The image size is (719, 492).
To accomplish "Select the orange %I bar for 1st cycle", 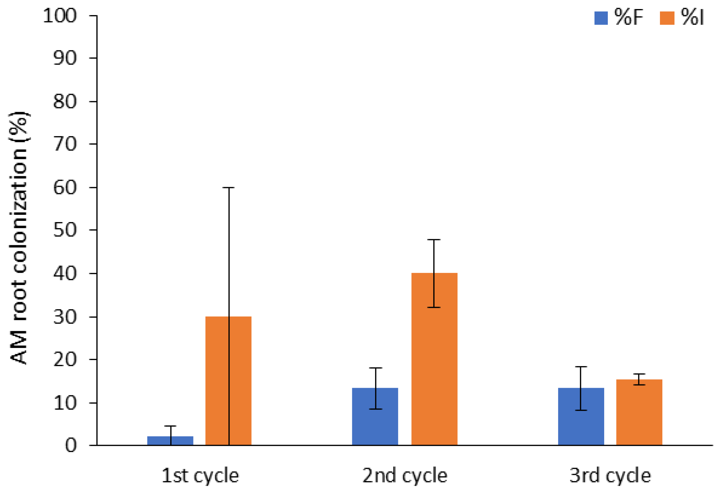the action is pos(228,381).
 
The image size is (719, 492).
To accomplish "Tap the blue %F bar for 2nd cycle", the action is pos(375,417).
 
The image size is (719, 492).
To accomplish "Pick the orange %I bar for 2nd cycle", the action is pos(434,359).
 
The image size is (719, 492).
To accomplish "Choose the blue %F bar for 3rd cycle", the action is pos(581,417).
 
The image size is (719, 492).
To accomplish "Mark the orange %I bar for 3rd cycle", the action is pos(639,412).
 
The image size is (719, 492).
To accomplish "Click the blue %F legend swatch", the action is pos(601,18).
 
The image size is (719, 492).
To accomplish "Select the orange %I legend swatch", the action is pos(667,18).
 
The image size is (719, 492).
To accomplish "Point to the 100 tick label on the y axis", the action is pos(60,15).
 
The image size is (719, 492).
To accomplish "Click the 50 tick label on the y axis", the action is pos(65,230).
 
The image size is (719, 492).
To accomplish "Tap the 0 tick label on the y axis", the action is pos(71,446).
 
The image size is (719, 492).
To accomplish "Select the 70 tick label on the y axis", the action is pos(65,144).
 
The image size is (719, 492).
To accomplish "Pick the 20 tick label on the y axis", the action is pos(65,359).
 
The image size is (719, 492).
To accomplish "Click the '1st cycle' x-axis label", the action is pos(200,476).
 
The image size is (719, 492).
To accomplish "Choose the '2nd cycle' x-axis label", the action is pos(405,476).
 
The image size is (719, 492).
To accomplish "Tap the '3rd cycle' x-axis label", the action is pos(610,476).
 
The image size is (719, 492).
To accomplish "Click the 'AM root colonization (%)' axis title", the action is pos(19,237).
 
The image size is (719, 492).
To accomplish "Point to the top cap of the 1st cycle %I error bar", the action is pos(229,187).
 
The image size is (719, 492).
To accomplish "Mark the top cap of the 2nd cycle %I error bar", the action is pos(434,240).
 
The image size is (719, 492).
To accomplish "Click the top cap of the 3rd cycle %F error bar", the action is pos(581,367).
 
